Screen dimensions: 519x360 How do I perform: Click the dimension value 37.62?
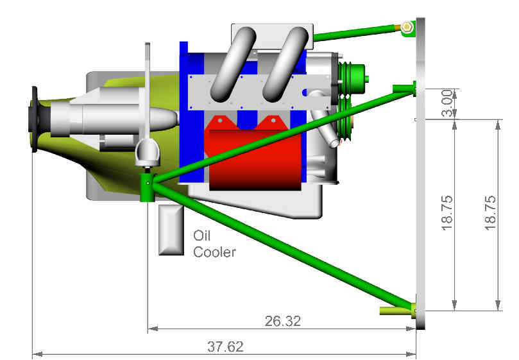point(225,347)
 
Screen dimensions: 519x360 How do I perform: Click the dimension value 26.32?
point(283,321)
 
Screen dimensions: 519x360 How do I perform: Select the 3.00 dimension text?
point(447,103)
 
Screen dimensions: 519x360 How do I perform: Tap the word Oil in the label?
point(202,236)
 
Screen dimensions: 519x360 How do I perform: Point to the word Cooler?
point(214,252)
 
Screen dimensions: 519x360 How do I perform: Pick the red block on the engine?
point(254,153)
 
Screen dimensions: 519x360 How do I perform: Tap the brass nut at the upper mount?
point(407,26)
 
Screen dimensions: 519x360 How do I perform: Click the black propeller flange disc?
point(34,119)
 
